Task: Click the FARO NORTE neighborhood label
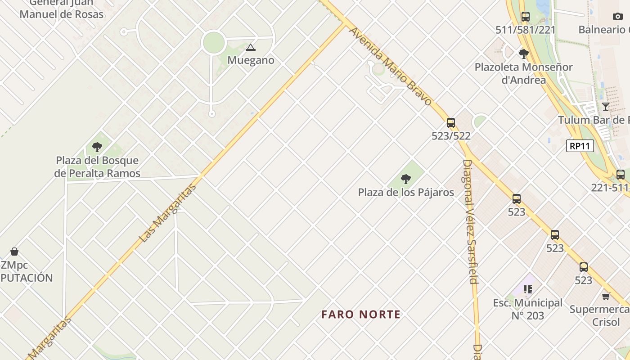click(x=361, y=314)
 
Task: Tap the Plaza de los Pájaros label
click(x=406, y=193)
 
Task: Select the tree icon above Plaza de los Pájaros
click(x=406, y=179)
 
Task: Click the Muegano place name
click(x=251, y=60)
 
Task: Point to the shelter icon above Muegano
click(x=251, y=47)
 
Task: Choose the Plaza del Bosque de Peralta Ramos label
click(x=97, y=167)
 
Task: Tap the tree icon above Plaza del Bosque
click(x=97, y=147)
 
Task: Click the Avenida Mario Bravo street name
click(x=390, y=67)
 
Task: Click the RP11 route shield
click(x=580, y=146)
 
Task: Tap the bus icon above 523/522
click(x=451, y=123)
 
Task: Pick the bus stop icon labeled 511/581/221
click(x=525, y=17)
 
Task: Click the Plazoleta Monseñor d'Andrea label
click(x=524, y=74)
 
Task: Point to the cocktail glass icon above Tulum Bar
click(x=606, y=107)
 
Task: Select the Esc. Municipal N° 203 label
click(x=528, y=309)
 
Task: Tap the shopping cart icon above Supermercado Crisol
click(x=606, y=296)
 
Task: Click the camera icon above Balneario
click(x=618, y=17)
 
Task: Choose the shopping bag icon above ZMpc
click(x=14, y=252)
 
